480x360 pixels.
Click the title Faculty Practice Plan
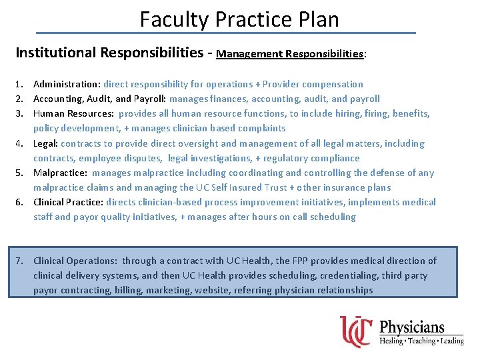click(x=239, y=19)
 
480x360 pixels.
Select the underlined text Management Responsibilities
click(x=290, y=53)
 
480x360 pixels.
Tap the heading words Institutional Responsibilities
click(x=108, y=52)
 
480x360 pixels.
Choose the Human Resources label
click(x=73, y=113)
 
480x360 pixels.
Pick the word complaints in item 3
click(x=263, y=128)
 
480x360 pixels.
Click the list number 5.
click(x=20, y=173)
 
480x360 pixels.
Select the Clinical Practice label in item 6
click(x=68, y=202)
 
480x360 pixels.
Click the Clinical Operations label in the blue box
click(x=75, y=261)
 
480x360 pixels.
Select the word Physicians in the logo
click(x=411, y=327)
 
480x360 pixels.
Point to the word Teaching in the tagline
click(x=421, y=341)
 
